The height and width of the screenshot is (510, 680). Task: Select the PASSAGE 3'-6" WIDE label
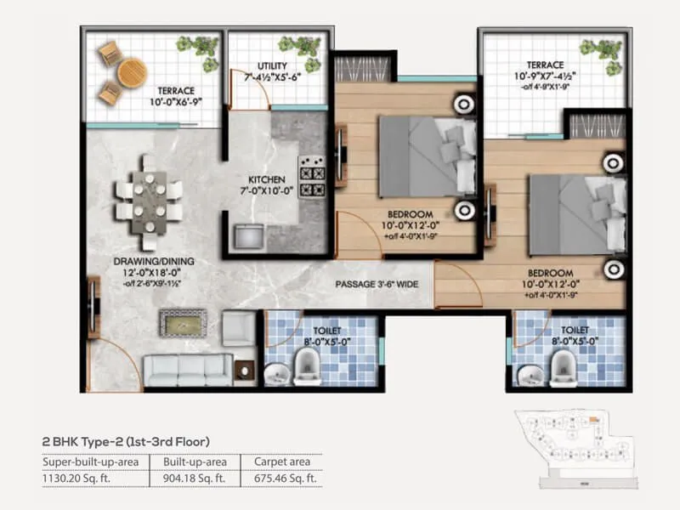tap(375, 283)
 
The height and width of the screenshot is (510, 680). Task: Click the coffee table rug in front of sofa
tap(182, 324)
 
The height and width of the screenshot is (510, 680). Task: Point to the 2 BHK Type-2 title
tap(125, 440)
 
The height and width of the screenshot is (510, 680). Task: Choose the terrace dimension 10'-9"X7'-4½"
tap(544, 76)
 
